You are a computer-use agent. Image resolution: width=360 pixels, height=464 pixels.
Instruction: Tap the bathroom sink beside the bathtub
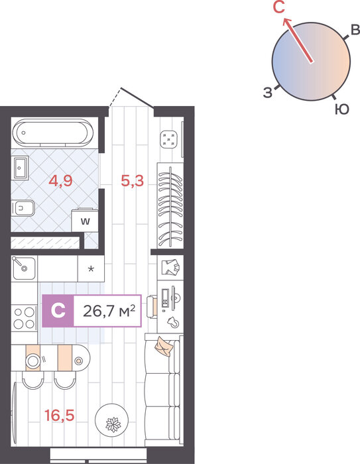[21, 168]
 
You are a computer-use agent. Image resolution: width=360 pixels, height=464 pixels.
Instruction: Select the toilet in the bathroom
[23, 208]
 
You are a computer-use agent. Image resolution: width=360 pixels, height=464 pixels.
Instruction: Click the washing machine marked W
[85, 221]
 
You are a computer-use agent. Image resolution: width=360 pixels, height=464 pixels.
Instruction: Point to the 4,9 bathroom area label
[60, 180]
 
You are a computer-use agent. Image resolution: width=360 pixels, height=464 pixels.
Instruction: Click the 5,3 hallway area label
[133, 180]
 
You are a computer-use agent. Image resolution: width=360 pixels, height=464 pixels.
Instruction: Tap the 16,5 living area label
[59, 415]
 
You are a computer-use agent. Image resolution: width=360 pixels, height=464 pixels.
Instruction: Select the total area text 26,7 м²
[109, 311]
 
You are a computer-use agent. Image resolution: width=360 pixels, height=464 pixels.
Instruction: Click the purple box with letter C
[58, 311]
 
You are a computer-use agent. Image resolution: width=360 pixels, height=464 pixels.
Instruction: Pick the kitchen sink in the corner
[24, 268]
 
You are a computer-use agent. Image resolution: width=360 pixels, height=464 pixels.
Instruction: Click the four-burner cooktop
[25, 318]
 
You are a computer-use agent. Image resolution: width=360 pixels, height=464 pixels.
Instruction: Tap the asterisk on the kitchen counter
[91, 269]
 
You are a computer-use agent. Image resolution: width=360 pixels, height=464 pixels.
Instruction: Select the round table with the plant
[112, 420]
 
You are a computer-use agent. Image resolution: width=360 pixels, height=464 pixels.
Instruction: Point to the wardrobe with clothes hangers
[170, 206]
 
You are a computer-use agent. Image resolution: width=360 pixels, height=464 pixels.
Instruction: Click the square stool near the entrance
[169, 139]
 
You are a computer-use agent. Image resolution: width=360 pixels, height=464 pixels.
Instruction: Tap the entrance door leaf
[137, 97]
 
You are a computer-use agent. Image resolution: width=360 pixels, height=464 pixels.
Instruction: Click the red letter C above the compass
[279, 7]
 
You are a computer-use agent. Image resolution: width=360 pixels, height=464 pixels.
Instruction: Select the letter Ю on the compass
[342, 109]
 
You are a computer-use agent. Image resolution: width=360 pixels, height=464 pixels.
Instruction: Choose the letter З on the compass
[268, 93]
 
